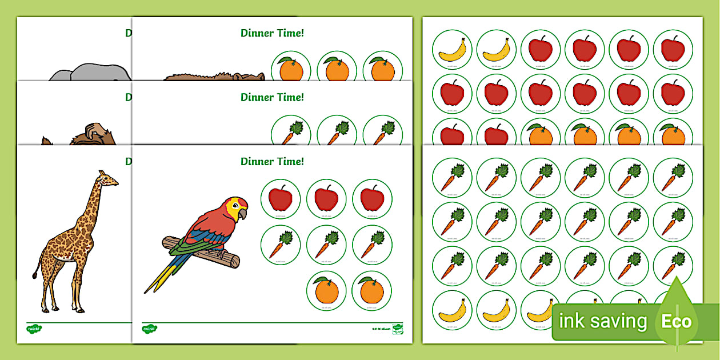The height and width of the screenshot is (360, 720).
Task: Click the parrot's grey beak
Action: pyautogui.click(x=243, y=214)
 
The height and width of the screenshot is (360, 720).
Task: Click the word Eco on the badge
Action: pyautogui.click(x=677, y=322)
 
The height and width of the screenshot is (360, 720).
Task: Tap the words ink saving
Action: pyautogui.click(x=603, y=322)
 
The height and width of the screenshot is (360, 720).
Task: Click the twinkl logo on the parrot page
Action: pyautogui.click(x=150, y=329)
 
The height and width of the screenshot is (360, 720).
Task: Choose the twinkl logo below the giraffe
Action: pyautogui.click(x=34, y=329)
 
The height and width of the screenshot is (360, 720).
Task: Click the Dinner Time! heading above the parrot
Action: pyautogui.click(x=272, y=162)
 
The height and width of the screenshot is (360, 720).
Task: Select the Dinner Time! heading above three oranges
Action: pyautogui.click(x=272, y=33)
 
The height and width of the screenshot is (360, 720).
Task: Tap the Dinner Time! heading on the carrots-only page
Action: pyautogui.click(x=272, y=97)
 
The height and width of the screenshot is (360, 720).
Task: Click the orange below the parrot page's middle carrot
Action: pyautogui.click(x=326, y=291)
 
